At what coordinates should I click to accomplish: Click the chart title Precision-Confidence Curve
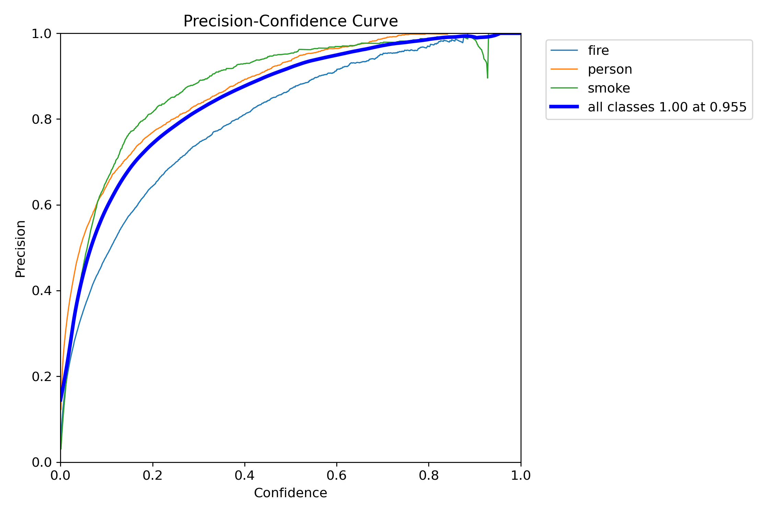(x=290, y=21)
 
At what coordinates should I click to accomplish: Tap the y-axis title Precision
(x=21, y=249)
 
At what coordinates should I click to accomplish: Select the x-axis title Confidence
(x=290, y=493)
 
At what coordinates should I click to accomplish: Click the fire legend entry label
(x=598, y=50)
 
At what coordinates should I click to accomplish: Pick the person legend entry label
(x=610, y=69)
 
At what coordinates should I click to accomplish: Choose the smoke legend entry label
(x=609, y=88)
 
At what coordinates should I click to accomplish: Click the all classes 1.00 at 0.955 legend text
(x=667, y=107)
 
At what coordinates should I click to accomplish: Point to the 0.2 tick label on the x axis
(x=152, y=475)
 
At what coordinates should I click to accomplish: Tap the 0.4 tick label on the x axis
(x=244, y=475)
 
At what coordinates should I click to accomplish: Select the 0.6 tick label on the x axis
(x=337, y=475)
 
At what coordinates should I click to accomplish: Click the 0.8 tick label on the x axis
(x=429, y=475)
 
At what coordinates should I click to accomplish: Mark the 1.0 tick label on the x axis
(x=520, y=475)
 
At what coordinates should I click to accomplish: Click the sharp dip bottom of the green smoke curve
(x=487, y=77)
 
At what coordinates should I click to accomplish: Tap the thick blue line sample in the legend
(x=564, y=107)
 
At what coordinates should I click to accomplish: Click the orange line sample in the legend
(x=564, y=69)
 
